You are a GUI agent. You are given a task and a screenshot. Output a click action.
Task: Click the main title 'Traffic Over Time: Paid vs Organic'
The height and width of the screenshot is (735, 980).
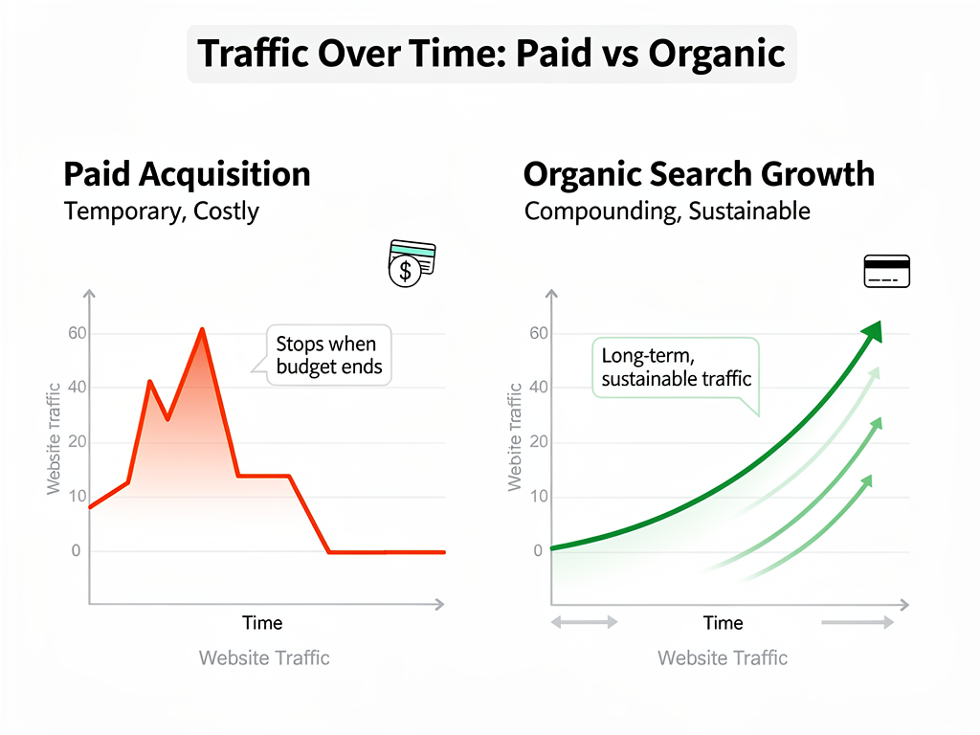(491, 54)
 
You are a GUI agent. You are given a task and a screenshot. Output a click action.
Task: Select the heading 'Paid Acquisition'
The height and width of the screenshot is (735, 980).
(187, 174)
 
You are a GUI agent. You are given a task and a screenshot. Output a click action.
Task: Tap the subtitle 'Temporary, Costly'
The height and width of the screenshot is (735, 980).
(161, 211)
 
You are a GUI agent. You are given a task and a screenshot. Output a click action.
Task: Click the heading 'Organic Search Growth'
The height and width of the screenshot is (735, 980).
(699, 174)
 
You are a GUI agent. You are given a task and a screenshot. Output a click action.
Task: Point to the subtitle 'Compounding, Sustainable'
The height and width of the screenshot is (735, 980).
(667, 211)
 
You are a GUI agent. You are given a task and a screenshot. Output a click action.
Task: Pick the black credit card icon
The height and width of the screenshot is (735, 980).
(886, 271)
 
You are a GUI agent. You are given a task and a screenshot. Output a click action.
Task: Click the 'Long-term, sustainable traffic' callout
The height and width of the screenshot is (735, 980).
(676, 367)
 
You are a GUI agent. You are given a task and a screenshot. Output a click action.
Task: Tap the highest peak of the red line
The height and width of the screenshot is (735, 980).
(202, 330)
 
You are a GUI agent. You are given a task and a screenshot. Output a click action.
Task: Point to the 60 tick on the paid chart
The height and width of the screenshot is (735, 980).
(77, 334)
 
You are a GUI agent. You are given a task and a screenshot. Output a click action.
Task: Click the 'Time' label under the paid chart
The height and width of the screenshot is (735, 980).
(262, 623)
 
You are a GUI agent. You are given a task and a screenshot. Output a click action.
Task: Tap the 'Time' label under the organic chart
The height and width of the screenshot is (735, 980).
(723, 623)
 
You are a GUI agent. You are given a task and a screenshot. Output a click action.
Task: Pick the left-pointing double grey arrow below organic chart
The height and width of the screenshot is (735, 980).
(584, 622)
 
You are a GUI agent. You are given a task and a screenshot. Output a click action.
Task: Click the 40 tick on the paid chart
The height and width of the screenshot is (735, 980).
(77, 388)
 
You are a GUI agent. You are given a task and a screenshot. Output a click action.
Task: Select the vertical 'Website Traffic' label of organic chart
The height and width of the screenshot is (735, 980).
(515, 437)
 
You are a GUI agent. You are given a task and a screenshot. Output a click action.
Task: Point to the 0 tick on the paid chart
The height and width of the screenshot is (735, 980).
(77, 551)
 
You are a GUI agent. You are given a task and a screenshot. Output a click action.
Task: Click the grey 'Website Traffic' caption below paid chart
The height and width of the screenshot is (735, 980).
(264, 657)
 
